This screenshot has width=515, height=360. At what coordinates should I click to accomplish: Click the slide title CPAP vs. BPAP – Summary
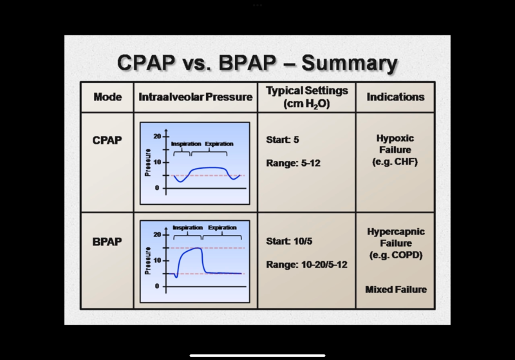(x=257, y=64)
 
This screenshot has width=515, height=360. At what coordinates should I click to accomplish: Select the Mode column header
(x=108, y=97)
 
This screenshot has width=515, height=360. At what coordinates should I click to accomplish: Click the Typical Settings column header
(x=306, y=97)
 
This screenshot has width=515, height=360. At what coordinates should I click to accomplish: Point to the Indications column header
(x=395, y=97)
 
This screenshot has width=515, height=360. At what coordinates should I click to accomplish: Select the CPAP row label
(x=108, y=139)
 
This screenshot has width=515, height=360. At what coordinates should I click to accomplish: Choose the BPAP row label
(x=108, y=242)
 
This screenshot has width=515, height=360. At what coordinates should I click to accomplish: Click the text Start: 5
(x=283, y=139)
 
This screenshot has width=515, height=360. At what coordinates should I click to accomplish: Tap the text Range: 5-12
(x=293, y=163)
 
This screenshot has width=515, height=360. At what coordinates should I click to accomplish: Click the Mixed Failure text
(x=395, y=289)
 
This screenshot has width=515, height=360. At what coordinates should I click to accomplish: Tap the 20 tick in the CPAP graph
(x=157, y=137)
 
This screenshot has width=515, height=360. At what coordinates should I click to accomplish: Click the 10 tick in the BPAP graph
(x=157, y=260)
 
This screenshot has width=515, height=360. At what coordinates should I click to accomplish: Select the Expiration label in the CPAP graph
(x=219, y=144)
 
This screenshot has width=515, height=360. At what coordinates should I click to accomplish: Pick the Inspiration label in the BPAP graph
(x=187, y=228)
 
